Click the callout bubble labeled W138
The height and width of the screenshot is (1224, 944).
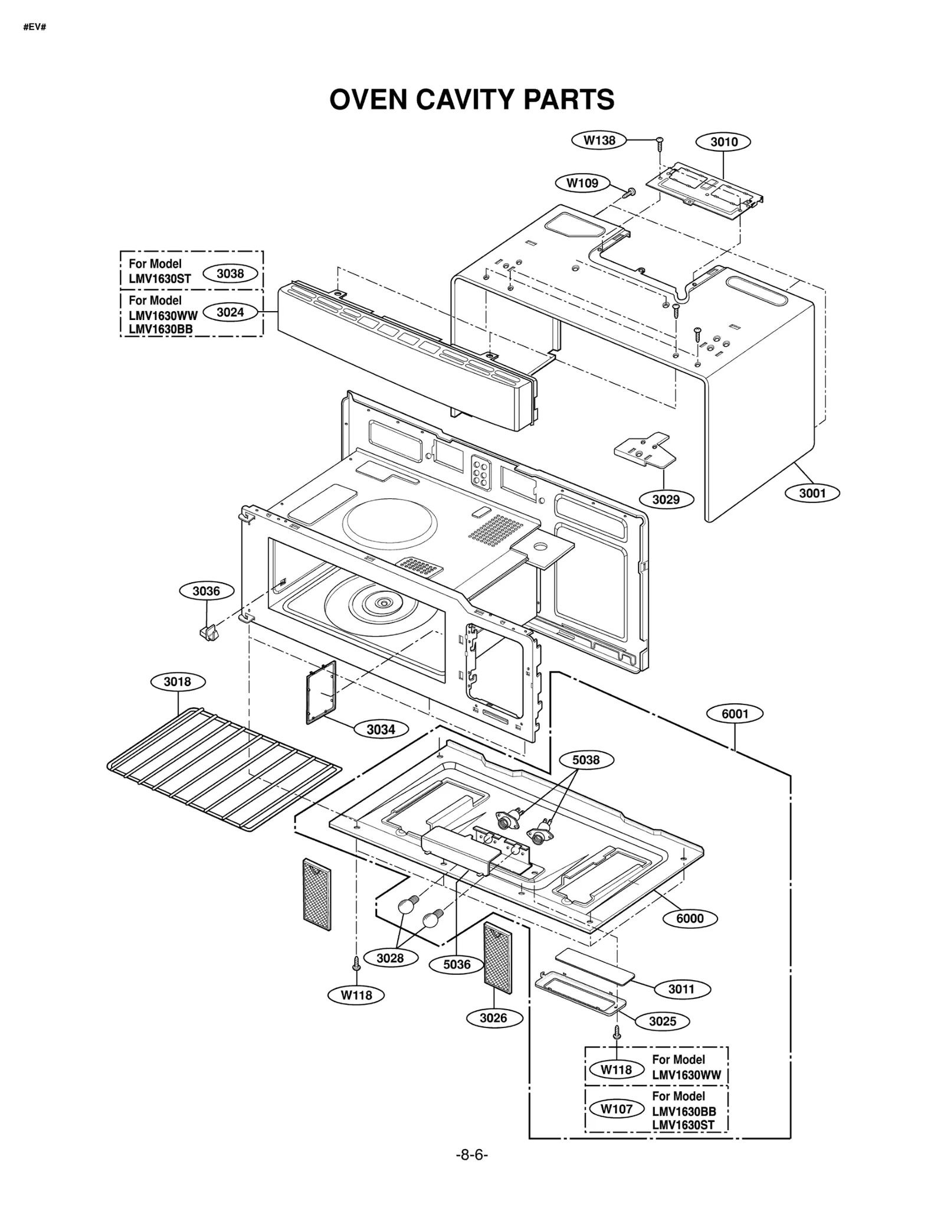599,141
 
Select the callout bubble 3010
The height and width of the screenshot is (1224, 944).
723,142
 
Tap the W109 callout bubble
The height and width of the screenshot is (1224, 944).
582,183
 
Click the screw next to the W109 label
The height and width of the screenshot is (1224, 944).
629,192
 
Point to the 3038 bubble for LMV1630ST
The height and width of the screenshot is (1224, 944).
230,273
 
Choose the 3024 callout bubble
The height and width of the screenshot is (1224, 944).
230,312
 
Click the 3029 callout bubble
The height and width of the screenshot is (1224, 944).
666,500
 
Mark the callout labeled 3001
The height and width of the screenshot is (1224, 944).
812,493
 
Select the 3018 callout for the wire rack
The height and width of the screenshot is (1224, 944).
177,682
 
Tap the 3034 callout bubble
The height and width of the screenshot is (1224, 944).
381,730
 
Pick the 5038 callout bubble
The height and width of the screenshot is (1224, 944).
586,760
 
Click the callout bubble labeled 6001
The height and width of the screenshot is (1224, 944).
735,714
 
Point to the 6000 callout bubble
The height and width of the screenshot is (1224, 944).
690,919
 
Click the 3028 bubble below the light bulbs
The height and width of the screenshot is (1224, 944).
390,958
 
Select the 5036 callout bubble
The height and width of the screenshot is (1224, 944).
457,965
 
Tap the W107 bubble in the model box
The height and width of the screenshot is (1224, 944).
617,1109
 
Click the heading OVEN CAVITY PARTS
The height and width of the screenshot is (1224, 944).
471,99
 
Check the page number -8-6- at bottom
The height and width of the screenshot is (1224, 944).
471,1155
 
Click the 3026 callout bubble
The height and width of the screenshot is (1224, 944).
493,1018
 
